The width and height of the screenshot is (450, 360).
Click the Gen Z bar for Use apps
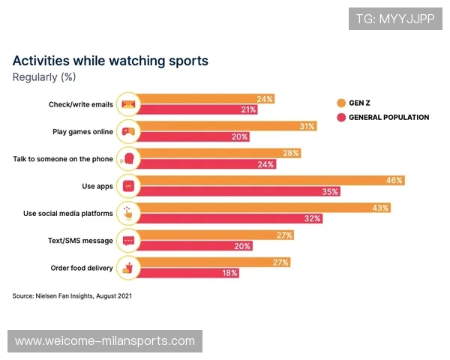(270, 181)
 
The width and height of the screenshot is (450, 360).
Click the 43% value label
(380, 208)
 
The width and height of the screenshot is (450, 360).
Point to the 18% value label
(229, 274)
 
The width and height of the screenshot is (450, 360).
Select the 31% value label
(307, 126)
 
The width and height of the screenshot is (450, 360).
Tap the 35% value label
(330, 191)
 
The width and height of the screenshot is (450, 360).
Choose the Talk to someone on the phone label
(64, 158)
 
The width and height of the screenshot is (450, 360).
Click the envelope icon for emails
(128, 104)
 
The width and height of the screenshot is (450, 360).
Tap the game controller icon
(128, 131)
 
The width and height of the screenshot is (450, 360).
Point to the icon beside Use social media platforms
(128, 213)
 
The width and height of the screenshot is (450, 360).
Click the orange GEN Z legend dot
(341, 103)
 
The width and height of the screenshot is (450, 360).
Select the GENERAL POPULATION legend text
(389, 118)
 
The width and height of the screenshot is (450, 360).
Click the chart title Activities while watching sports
(110, 61)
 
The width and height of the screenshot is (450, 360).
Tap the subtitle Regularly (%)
(44, 76)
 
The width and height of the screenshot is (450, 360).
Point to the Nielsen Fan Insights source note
(72, 296)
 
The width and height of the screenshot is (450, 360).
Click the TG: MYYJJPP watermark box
(395, 17)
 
